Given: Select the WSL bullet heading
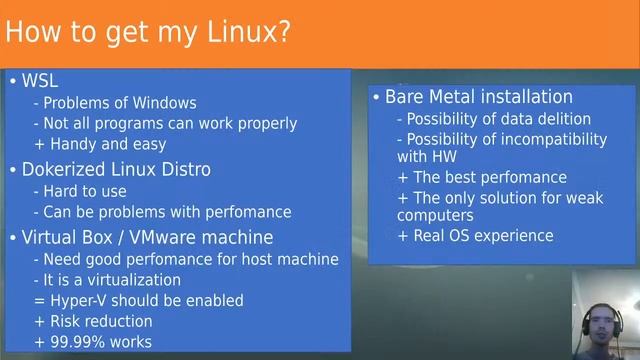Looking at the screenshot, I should pyautogui.click(x=41, y=81).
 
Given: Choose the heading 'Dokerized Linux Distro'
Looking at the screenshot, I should pyautogui.click(x=116, y=169).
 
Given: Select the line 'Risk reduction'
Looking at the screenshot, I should pyautogui.click(x=98, y=321).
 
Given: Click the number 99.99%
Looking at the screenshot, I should pyautogui.click(x=78, y=342).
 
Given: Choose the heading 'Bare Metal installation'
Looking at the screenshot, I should pyautogui.click(x=478, y=97).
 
